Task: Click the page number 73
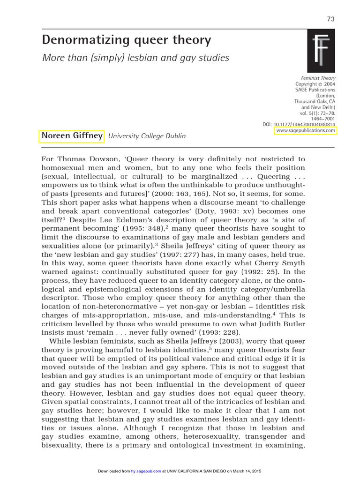click(x=330, y=19)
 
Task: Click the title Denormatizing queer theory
click(x=126, y=40)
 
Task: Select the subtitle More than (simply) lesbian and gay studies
click(x=135, y=58)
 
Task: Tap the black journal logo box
click(x=321, y=51)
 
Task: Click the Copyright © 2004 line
click(x=315, y=84)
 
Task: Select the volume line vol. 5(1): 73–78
click(x=317, y=113)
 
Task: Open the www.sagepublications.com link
click(x=306, y=131)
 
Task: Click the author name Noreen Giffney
click(x=72, y=135)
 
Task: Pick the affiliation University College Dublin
click(x=147, y=136)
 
